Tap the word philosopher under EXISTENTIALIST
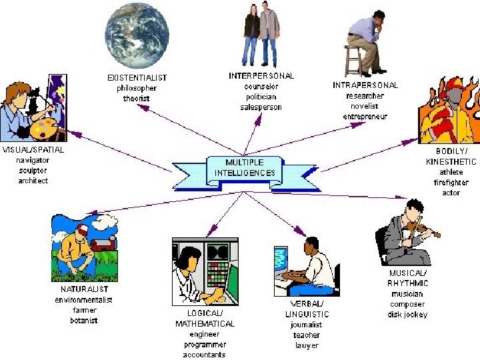coord(137,88)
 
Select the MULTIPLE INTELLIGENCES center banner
coord(245,167)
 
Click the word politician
coord(261,97)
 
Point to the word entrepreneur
coord(365,116)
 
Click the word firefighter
coord(451,182)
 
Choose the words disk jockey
coord(407,315)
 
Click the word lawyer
coord(307,345)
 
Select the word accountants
coord(205,355)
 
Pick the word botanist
coord(83,321)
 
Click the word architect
coord(33,181)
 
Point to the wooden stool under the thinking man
coord(353,61)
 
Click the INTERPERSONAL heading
coord(261,76)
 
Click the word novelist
coord(365,106)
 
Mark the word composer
coord(407,304)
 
